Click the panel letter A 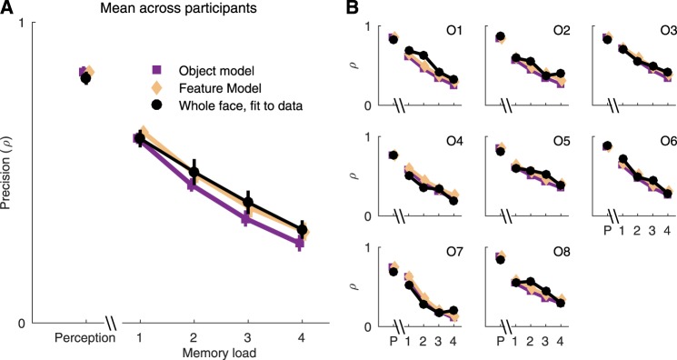7,8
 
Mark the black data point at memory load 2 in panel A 193,172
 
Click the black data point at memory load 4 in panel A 302,230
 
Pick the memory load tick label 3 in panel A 247,337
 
